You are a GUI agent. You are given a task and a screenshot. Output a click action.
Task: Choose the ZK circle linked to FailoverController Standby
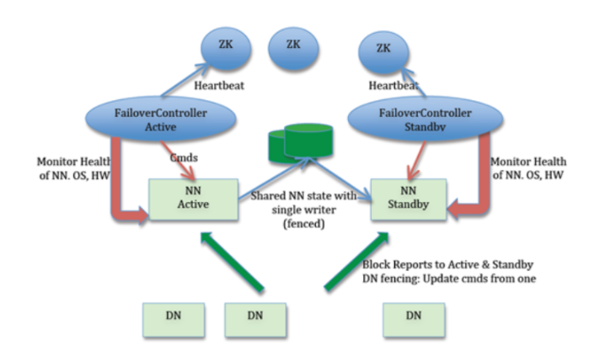tap(384, 49)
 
